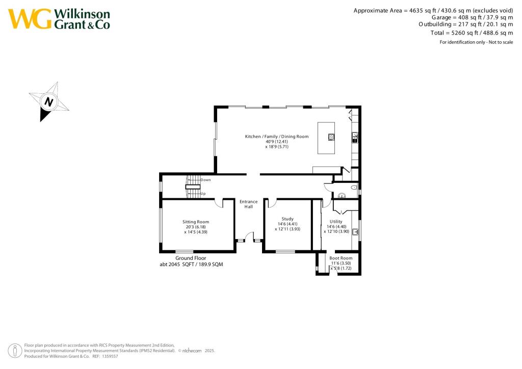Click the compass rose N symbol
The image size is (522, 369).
pos(49,101)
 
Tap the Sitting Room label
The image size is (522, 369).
pos(196,222)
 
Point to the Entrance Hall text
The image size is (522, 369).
pos(249,204)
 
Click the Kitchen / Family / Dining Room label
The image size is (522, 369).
pos(277,137)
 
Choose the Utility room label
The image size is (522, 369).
pos(336,221)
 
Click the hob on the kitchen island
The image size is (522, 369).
pos(331,136)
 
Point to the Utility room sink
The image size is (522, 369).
pos(356,232)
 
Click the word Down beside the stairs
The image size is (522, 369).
pos(205,180)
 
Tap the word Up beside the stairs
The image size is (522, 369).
pos(203,194)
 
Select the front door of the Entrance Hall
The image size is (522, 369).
pos(249,237)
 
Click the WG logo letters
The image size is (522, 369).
pos(30,19)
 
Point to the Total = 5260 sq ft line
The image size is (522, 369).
pos(472,33)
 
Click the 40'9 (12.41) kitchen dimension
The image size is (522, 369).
pos(277,142)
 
